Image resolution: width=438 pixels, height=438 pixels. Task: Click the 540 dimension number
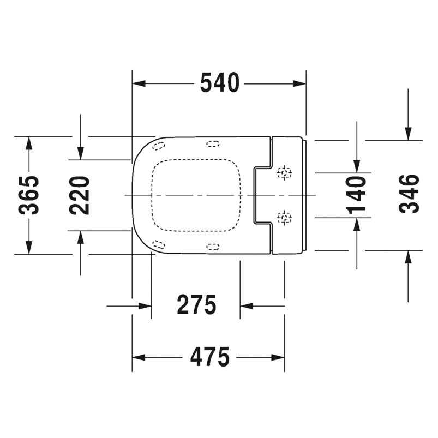tap(219, 83)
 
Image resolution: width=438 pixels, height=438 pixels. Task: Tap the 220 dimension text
tap(80, 195)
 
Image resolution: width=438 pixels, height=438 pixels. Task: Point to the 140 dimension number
tap(357, 195)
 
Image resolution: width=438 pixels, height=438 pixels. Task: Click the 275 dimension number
tap(196, 305)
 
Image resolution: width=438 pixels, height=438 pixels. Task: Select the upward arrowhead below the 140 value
tap(357, 224)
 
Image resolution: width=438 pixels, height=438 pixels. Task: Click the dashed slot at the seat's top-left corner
tap(160, 146)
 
